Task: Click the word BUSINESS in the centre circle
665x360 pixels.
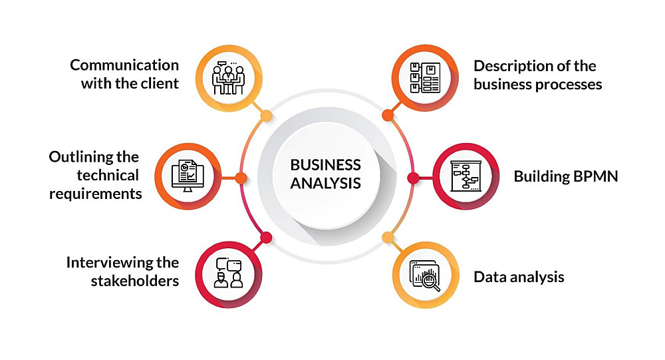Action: coord(326,165)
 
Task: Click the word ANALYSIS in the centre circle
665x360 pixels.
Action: coord(326,184)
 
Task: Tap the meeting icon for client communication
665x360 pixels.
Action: coord(229,78)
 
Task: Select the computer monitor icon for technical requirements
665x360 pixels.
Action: coord(188,176)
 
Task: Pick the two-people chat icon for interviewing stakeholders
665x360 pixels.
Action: coord(229,273)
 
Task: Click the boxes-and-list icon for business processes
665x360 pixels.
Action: coord(425,78)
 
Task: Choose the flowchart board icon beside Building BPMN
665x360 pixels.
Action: coord(465,176)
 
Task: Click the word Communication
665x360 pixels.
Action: coord(124,65)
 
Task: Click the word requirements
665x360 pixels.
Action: coord(95,194)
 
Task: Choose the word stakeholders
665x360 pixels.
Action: coord(135,281)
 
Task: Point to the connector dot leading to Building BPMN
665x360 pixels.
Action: coord(413,178)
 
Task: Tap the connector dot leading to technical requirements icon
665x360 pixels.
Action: coord(241,178)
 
